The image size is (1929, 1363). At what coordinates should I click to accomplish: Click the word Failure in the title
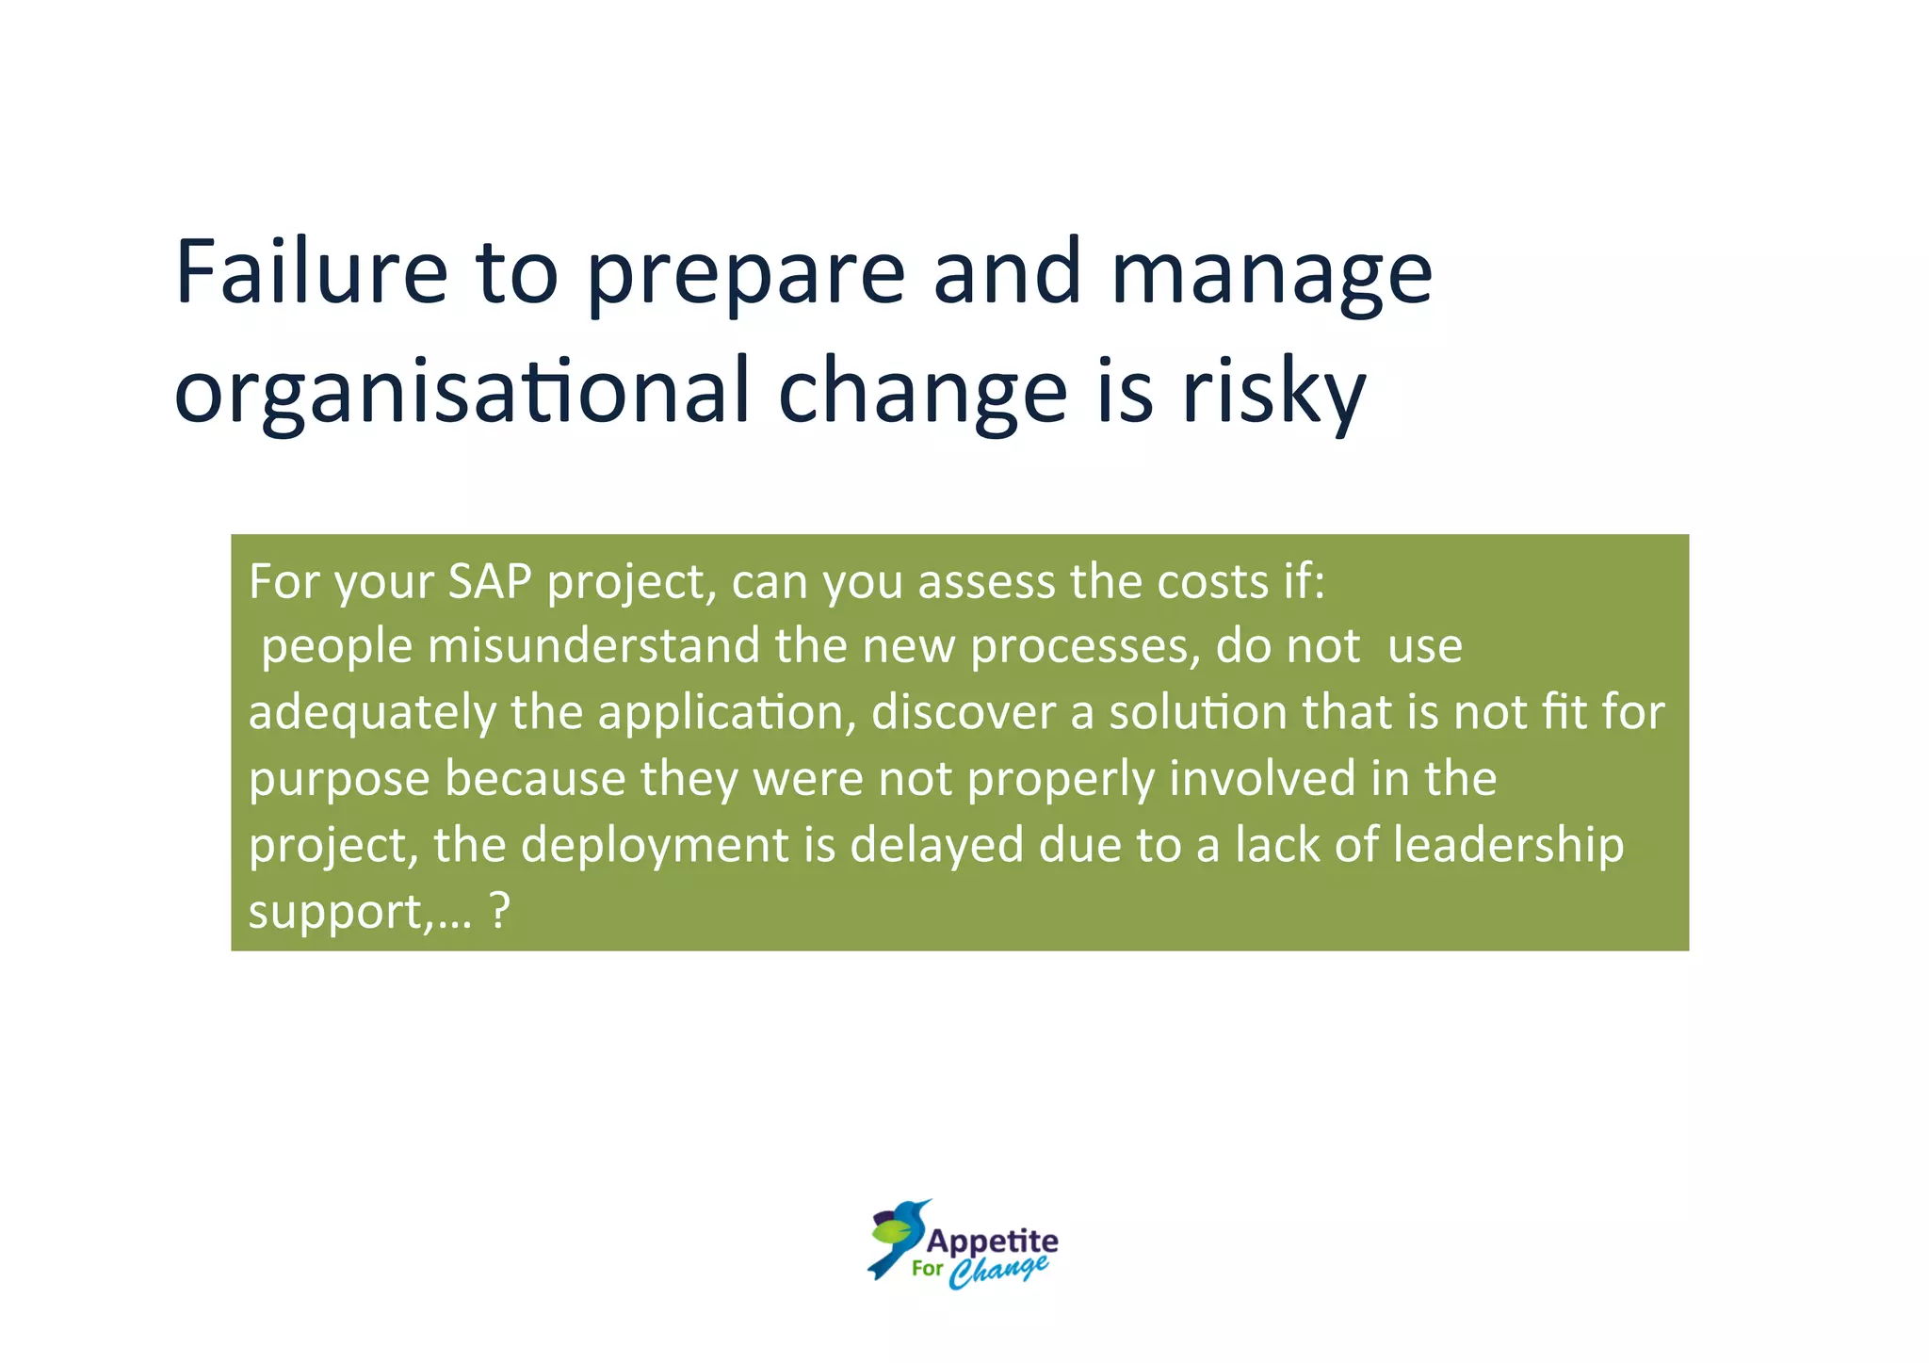(311, 273)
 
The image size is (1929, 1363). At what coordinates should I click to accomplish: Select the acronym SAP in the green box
(490, 581)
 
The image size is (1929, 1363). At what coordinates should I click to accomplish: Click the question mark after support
(500, 911)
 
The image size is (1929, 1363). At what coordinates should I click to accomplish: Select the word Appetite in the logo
(993, 1241)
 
